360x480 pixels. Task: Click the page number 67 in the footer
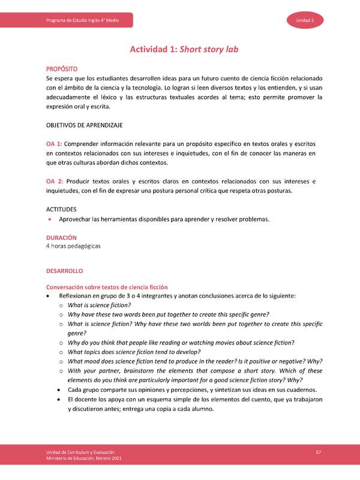pos(319,451)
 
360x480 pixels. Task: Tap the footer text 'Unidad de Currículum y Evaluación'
pos(80,451)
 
